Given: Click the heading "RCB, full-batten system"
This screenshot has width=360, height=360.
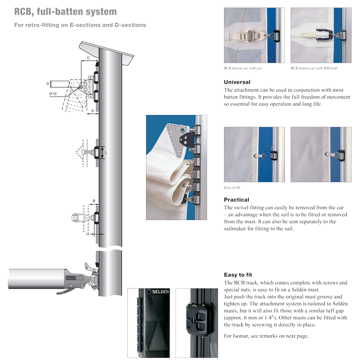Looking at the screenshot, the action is click(66, 12).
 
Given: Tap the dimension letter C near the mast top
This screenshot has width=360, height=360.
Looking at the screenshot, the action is click(88, 58).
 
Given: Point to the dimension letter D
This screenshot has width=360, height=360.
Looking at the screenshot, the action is click(48, 84).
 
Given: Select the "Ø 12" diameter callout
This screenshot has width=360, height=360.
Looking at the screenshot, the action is click(53, 94).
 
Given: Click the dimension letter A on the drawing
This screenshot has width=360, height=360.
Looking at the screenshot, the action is click(92, 111).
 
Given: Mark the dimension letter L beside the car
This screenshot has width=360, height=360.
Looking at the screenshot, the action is click(106, 152).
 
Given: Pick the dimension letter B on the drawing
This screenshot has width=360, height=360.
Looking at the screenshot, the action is click(94, 201).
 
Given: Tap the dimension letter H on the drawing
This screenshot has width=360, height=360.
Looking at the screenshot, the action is click(88, 234).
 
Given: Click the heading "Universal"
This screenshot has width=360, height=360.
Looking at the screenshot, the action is click(237, 82).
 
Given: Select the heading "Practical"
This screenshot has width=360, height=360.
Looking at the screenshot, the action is click(236, 200).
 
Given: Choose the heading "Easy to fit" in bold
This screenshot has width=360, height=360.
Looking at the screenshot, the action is click(238, 275).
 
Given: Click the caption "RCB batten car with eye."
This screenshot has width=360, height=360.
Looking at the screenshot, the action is click(243, 68).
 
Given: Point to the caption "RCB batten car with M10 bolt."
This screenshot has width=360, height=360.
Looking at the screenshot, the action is click(314, 68).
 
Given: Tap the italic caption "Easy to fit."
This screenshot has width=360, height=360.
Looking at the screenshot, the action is click(232, 188).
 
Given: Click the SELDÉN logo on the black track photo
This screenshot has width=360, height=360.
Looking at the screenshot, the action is click(158, 292).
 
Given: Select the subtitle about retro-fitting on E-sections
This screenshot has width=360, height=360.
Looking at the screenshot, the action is click(80, 25).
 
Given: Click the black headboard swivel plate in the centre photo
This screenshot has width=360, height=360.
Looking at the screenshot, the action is click(187, 139).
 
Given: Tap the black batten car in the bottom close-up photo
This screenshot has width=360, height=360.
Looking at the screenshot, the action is click(198, 318).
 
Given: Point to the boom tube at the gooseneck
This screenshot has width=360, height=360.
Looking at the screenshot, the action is click(36, 278).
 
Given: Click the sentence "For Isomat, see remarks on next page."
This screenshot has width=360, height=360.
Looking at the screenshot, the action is click(266, 336).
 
